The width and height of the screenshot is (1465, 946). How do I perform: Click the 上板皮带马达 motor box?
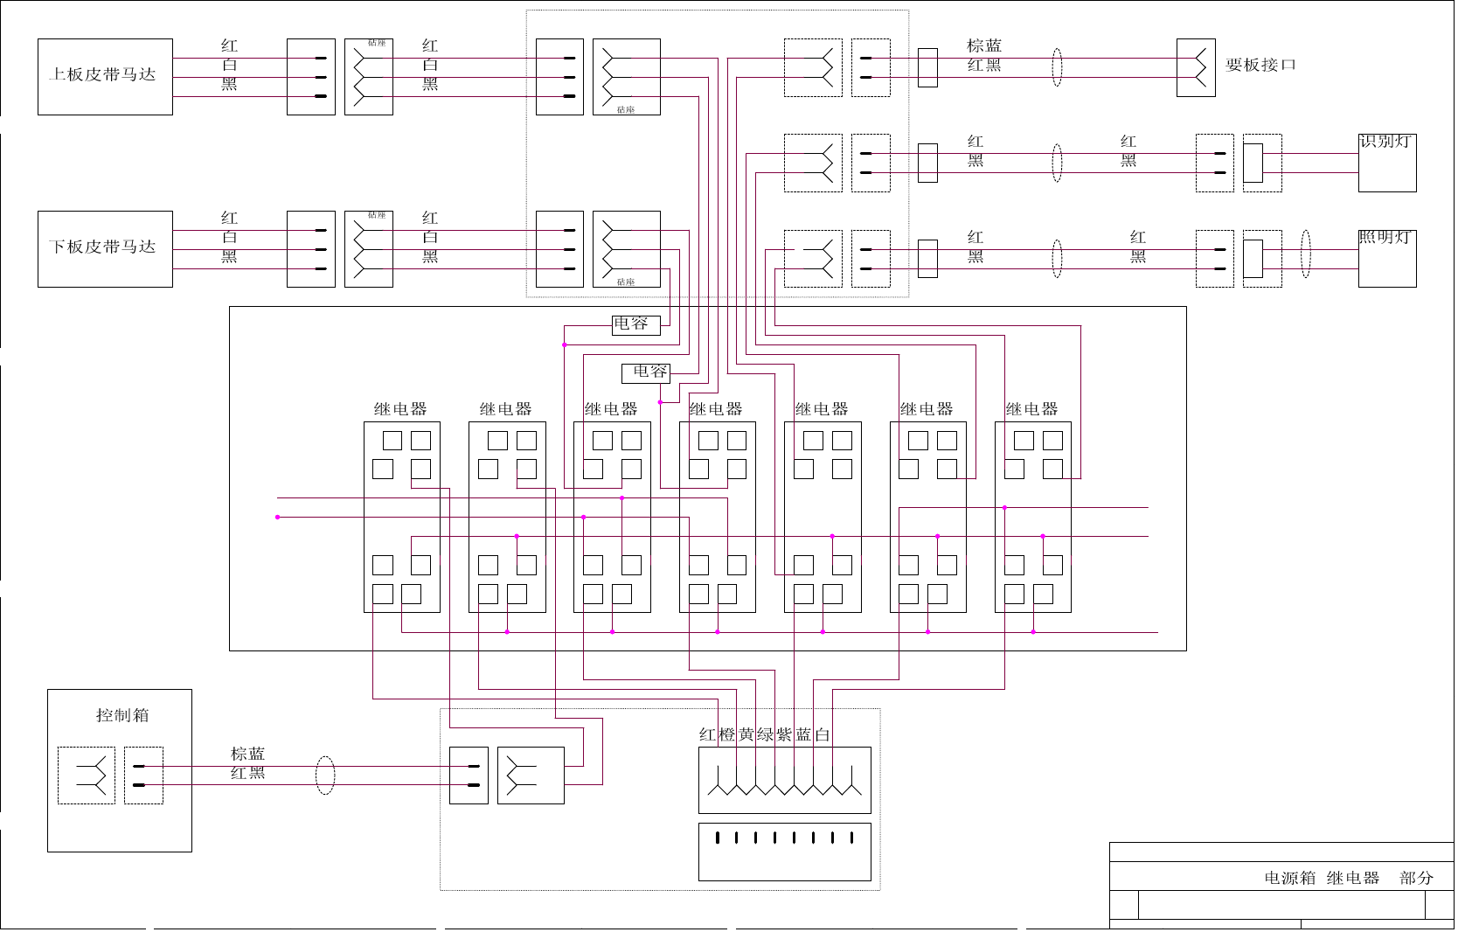click(105, 77)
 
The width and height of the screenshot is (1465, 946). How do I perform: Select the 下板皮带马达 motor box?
click(105, 249)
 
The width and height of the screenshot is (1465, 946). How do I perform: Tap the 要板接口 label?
click(1260, 65)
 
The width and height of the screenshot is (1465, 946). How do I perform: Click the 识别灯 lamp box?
click(1387, 163)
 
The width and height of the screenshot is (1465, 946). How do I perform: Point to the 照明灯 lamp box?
click(1387, 259)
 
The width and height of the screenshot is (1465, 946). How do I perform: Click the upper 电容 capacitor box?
click(635, 325)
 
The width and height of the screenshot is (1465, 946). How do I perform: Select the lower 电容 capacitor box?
click(646, 373)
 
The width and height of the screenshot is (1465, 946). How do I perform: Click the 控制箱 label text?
click(122, 715)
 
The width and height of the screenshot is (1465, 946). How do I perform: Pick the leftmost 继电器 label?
click(400, 409)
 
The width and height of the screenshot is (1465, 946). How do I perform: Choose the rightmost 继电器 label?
click(1031, 409)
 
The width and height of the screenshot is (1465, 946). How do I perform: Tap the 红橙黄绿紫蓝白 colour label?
click(765, 735)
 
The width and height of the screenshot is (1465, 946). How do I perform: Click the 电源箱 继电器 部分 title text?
click(1348, 878)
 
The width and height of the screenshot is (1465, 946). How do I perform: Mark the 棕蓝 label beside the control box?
click(247, 754)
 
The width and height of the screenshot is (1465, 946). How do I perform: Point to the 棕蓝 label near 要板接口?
click(984, 45)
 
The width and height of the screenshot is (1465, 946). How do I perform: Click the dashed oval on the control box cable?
click(325, 776)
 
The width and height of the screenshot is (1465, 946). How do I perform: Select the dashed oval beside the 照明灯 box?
click(1306, 254)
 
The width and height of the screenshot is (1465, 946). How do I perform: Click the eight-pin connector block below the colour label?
click(785, 852)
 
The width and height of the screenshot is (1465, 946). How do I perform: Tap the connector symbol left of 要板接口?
click(1196, 67)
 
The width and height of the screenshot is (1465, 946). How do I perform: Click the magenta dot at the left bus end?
click(278, 518)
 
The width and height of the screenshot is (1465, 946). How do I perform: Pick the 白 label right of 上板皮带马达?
click(229, 65)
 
